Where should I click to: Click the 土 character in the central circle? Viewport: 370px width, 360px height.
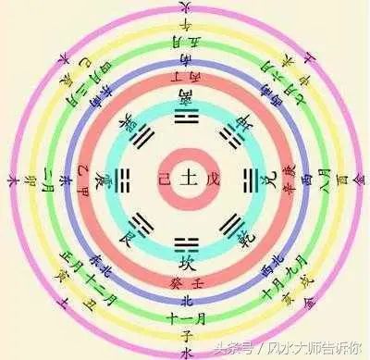pos(184,174)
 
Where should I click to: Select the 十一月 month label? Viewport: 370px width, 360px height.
pos(184,314)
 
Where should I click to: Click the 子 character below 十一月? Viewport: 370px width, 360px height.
pos(184,330)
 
